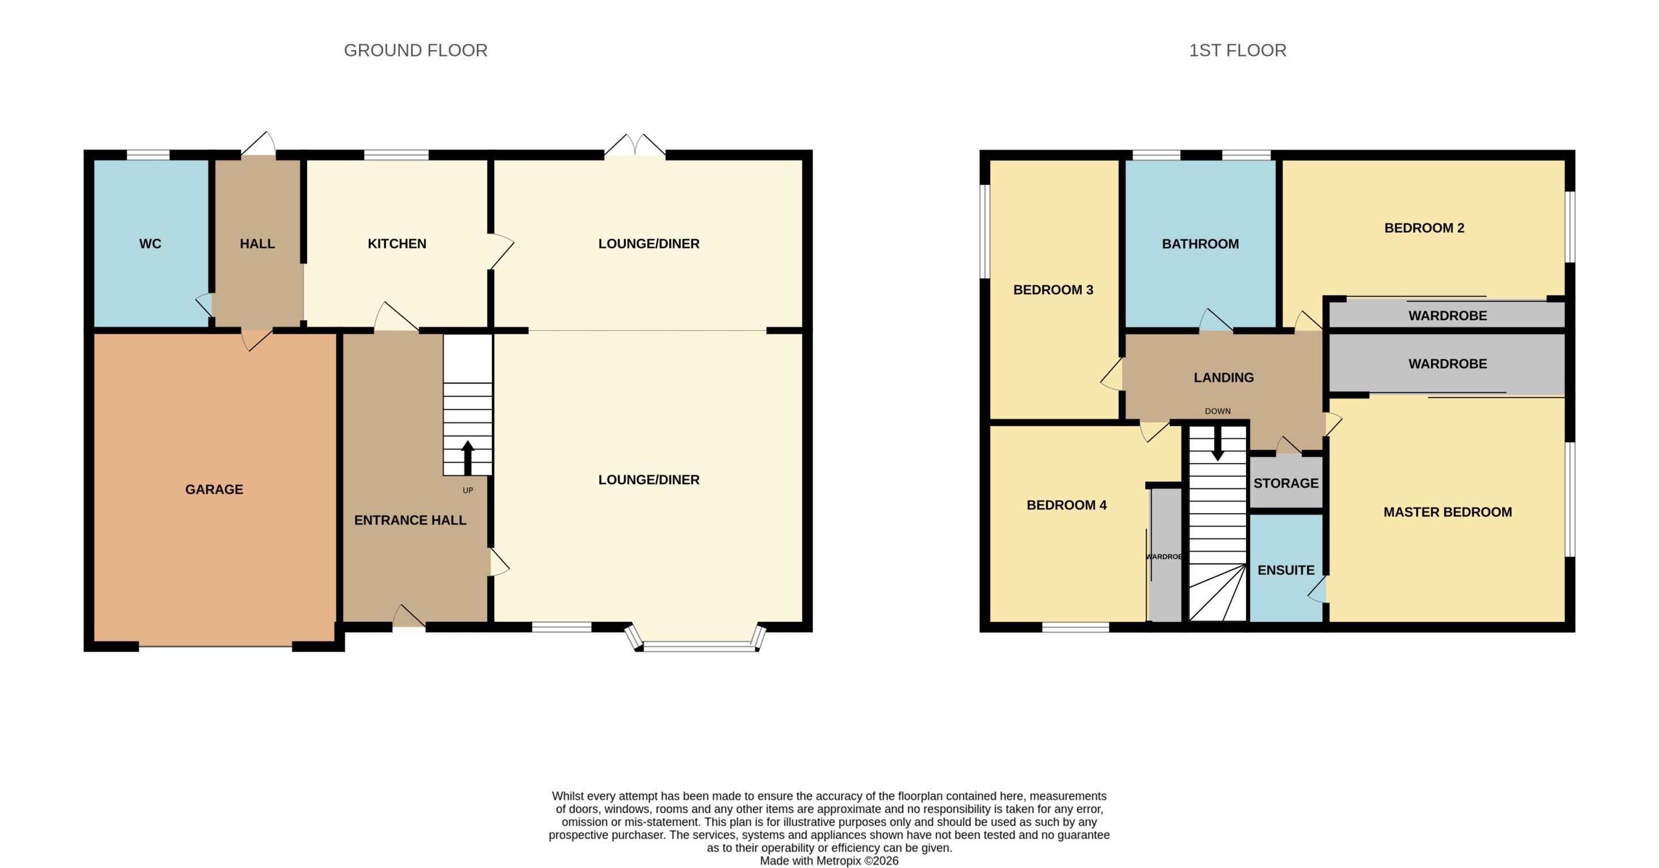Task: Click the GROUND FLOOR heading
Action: click(x=415, y=50)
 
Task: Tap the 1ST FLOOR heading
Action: click(x=1237, y=50)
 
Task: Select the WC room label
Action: click(x=150, y=244)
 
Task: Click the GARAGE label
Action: click(x=214, y=490)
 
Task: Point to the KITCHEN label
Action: click(x=397, y=244)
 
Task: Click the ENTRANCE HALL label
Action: click(x=410, y=520)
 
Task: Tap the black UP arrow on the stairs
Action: click(x=468, y=458)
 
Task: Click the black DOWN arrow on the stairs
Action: click(x=1217, y=444)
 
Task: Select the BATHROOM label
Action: click(x=1200, y=244)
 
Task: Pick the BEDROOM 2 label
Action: click(x=1424, y=228)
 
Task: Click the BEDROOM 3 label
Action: click(x=1053, y=290)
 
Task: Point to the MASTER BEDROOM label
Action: click(x=1447, y=513)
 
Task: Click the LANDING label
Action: click(x=1224, y=378)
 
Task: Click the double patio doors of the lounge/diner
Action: click(x=635, y=146)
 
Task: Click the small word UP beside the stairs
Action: click(x=468, y=491)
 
